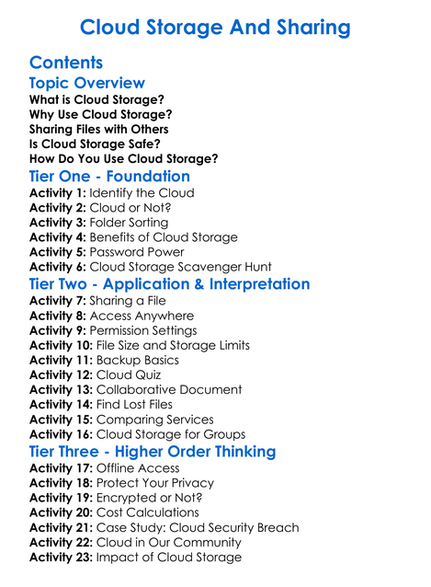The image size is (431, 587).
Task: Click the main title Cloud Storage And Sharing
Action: click(x=215, y=27)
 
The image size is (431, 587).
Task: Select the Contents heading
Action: click(x=66, y=63)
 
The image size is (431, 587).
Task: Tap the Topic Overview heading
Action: click(x=86, y=83)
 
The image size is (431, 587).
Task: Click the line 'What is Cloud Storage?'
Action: click(x=96, y=99)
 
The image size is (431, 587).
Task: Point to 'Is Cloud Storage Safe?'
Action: click(x=95, y=144)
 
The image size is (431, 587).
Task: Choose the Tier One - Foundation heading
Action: click(x=109, y=176)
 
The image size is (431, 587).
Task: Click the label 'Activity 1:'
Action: click(x=57, y=193)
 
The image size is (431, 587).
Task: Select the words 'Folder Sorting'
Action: click(x=129, y=223)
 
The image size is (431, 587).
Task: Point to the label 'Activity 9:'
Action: click(x=57, y=330)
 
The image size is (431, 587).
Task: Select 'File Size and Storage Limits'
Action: click(x=173, y=345)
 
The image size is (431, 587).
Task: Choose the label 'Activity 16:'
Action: click(x=61, y=433)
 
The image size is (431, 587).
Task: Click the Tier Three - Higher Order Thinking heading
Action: click(x=153, y=451)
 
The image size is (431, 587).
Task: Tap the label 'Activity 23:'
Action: click(x=61, y=557)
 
